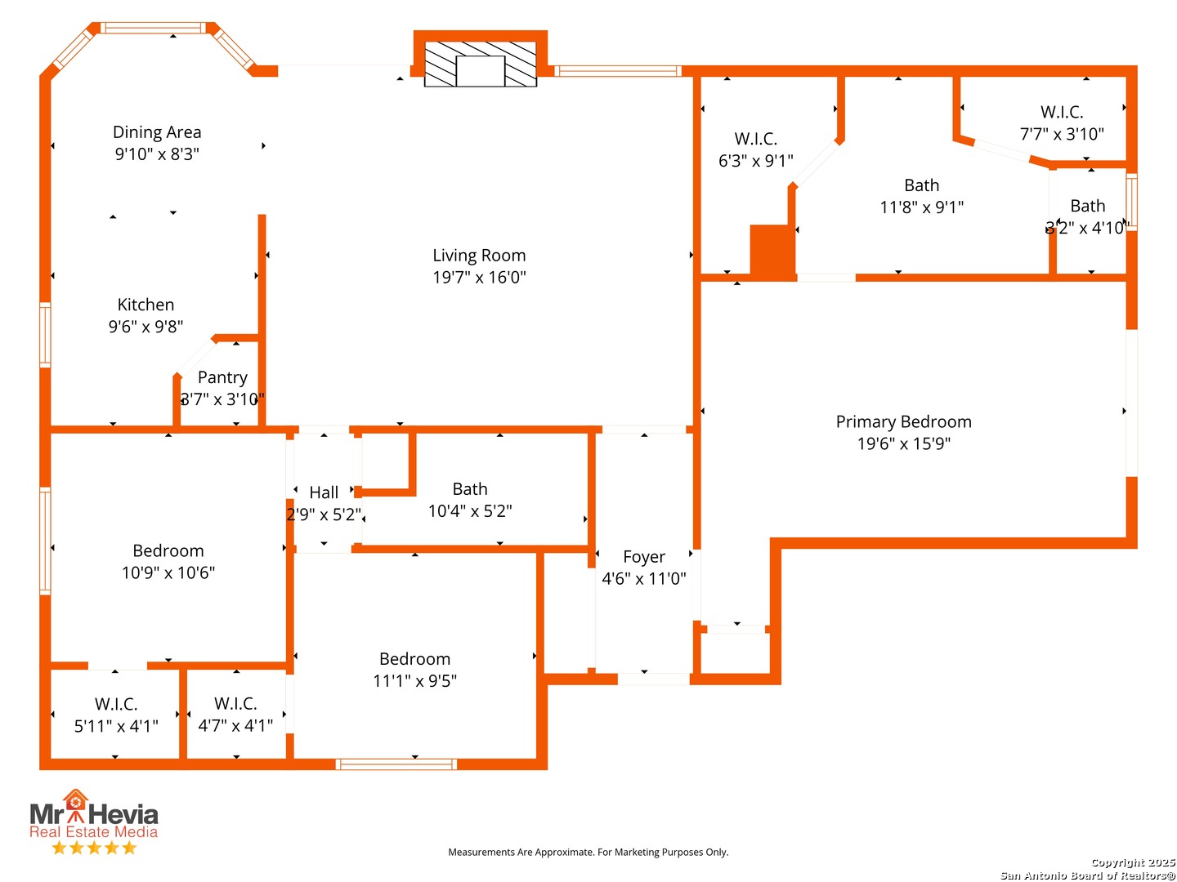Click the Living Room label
[x=479, y=256]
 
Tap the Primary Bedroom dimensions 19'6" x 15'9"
[x=903, y=444]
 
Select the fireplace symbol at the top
[x=480, y=64]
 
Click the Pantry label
[x=222, y=377]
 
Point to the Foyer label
[x=643, y=557]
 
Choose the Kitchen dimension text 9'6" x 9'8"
[x=145, y=327]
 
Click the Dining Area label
[x=157, y=132]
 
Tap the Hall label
[x=324, y=492]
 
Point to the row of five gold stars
[x=94, y=848]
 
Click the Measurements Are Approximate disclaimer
[x=588, y=852]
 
